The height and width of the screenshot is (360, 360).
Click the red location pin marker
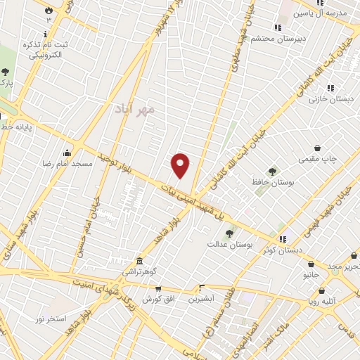click(x=181, y=165)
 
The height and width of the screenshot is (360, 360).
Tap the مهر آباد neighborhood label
click(x=136, y=110)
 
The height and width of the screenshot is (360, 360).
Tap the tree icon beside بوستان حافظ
click(x=272, y=172)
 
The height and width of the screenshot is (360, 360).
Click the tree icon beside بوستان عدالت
click(x=229, y=233)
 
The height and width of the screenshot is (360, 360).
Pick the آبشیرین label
click(x=202, y=299)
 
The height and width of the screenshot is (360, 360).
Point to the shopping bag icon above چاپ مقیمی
click(x=319, y=148)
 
